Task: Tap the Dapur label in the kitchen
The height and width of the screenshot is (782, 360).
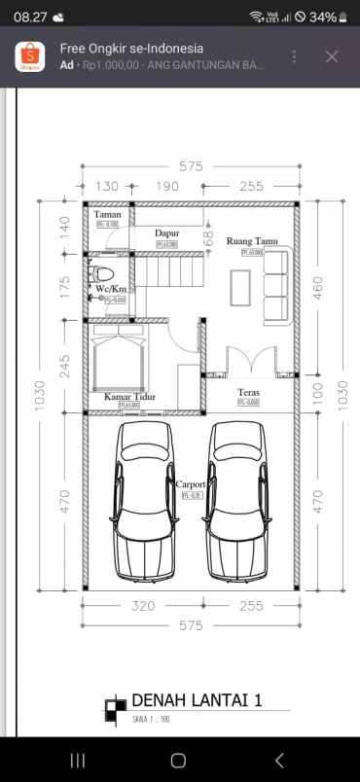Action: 167,233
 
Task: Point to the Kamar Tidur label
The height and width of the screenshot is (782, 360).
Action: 129,397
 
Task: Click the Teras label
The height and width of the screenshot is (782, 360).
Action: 248,393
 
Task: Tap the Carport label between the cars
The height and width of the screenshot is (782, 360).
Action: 189,483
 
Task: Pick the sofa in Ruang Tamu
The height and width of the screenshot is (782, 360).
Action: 276,286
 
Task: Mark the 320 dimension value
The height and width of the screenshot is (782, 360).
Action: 144,606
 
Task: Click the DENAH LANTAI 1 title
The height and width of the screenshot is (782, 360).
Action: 197,700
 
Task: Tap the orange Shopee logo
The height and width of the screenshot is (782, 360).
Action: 29,57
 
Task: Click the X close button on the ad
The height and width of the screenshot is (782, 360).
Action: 332,56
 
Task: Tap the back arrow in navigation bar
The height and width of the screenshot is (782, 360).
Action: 279,760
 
